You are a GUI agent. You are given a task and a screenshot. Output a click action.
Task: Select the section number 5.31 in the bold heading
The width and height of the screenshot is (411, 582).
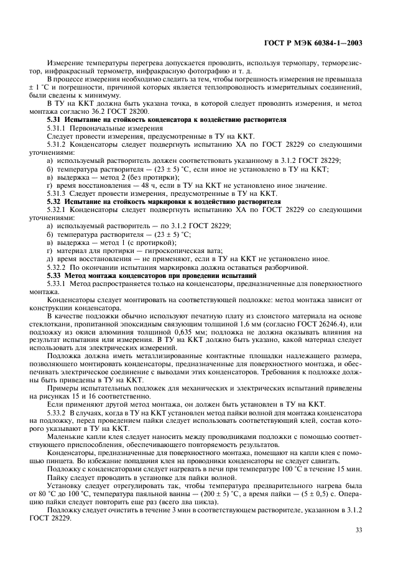55,118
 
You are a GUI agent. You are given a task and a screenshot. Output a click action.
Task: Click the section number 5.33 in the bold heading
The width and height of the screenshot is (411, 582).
55,274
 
